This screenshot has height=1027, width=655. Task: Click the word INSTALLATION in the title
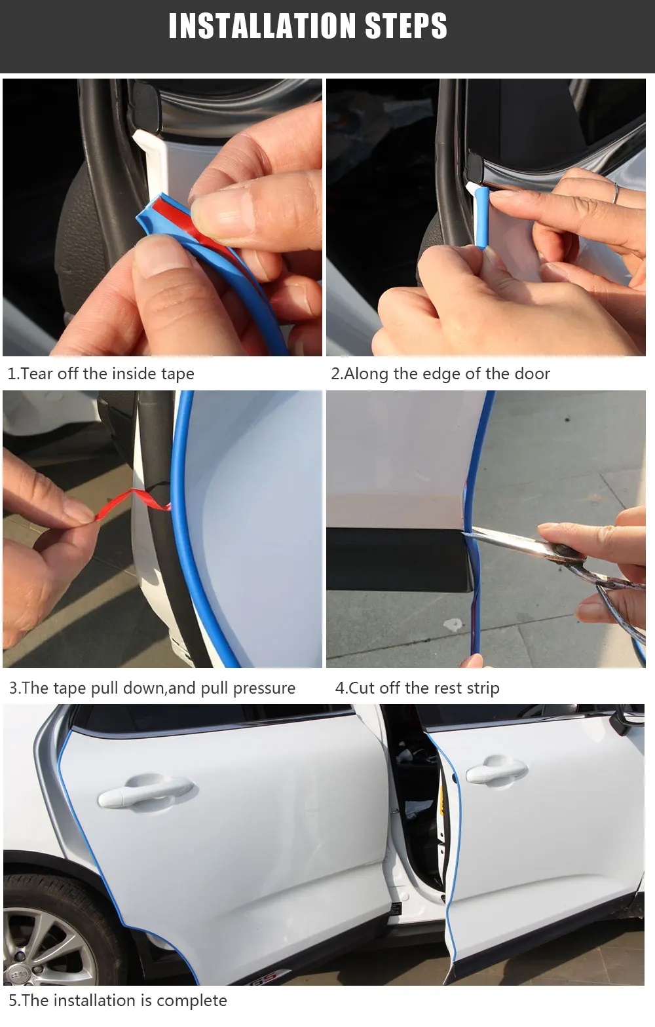coord(262,26)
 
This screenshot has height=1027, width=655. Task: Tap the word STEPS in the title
coord(405,26)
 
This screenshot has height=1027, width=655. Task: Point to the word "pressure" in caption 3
coord(264,688)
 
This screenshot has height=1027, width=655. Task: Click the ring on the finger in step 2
coord(616,193)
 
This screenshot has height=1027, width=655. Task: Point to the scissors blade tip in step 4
coord(464,532)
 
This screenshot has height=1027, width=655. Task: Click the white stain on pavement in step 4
coord(453,624)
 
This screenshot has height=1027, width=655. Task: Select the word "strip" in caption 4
coord(483,688)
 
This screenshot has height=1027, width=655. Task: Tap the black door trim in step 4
coord(399,559)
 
